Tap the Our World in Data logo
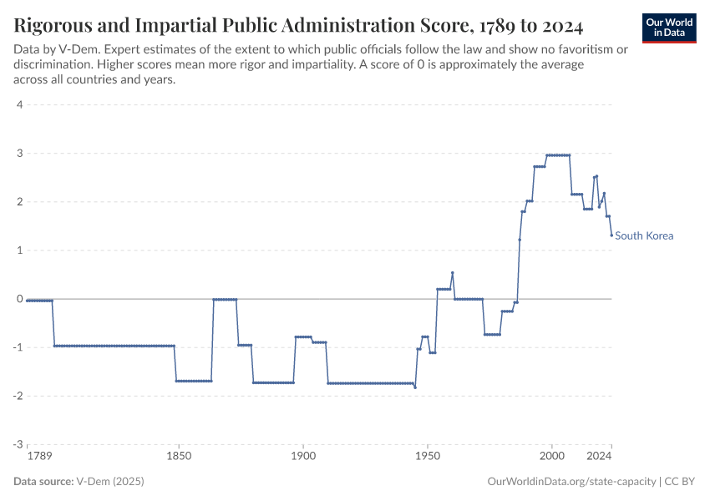pyautogui.click(x=669, y=28)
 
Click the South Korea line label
pyautogui.click(x=644, y=235)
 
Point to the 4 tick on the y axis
pyautogui.click(x=18, y=105)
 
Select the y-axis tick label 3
pyautogui.click(x=18, y=154)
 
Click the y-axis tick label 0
pyautogui.click(x=18, y=299)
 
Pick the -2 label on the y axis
pyautogui.click(x=16, y=396)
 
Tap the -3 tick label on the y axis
pyautogui.click(x=16, y=444)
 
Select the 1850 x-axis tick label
pyautogui.click(x=177, y=457)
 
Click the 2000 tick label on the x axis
pyautogui.click(x=551, y=457)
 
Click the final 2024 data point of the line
pyautogui.click(x=611, y=235)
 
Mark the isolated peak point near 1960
pyautogui.click(x=452, y=273)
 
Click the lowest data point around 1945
pyautogui.click(x=415, y=387)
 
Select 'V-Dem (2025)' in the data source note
pyautogui.click(x=109, y=482)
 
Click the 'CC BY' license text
pyautogui.click(x=680, y=482)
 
